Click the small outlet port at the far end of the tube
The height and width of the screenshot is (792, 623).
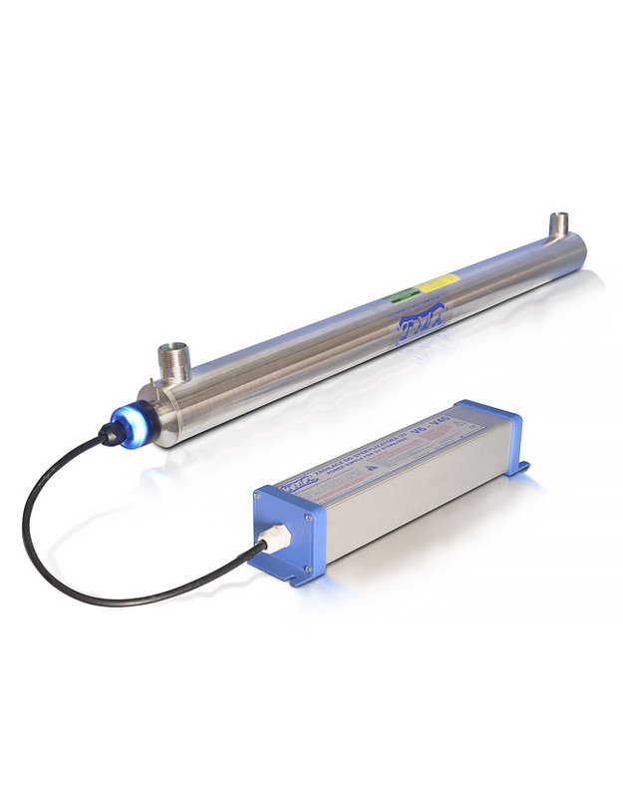pos(559,226)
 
